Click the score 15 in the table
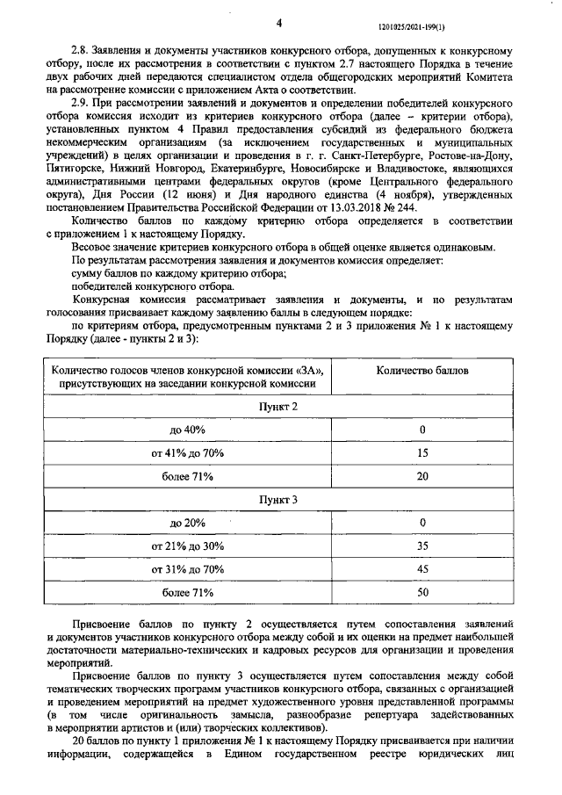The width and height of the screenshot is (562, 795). pos(422,453)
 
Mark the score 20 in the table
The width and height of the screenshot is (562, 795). pos(422,476)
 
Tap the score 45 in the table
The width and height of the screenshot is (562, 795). pos(422,569)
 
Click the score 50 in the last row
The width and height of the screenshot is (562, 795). pos(422,593)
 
